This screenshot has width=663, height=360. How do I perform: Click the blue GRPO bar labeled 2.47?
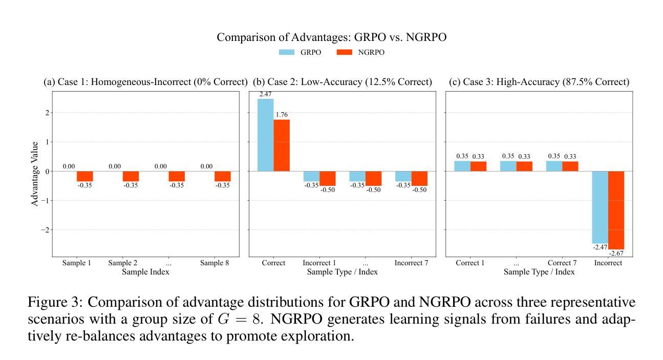point(265,135)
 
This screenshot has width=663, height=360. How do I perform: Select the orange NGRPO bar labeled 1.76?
point(282,145)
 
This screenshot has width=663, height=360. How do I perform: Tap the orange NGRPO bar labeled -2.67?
point(616,210)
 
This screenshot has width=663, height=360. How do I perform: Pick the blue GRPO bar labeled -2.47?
point(600,207)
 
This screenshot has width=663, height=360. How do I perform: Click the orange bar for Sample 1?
point(85,176)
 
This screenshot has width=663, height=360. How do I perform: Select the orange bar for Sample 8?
point(223,176)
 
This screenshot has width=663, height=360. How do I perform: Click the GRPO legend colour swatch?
point(287,52)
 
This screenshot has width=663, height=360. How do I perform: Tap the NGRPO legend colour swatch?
point(345,52)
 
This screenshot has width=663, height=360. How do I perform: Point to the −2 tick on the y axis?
point(45,230)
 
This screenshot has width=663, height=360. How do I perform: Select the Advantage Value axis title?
point(35,174)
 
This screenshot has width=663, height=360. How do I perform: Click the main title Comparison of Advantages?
point(331,37)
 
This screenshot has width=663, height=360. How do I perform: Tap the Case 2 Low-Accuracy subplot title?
point(343,82)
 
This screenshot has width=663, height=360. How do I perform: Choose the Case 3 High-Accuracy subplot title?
point(539,82)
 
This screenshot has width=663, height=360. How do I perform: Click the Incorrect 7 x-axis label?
point(411,263)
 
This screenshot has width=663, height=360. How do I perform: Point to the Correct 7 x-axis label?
point(562,263)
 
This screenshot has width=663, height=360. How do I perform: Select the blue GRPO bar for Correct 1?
point(462,166)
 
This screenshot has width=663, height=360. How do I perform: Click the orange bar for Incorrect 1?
point(328,178)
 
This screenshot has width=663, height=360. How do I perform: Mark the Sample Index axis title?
point(145,272)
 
